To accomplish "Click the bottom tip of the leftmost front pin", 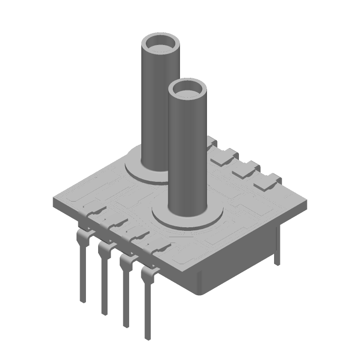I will pyautogui.click(x=83, y=299).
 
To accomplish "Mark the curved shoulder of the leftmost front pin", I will pyautogui.click(x=81, y=236).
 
